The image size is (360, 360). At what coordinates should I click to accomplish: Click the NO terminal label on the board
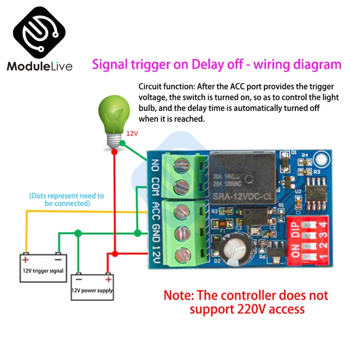(x=155, y=166)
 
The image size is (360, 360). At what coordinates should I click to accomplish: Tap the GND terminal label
(x=155, y=232)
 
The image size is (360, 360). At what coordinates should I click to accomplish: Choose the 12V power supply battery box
(x=92, y=286)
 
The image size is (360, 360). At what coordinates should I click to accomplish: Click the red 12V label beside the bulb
(x=132, y=134)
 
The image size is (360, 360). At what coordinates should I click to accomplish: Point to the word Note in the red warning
(x=182, y=295)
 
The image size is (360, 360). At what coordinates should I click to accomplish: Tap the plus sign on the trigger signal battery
(x=25, y=259)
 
